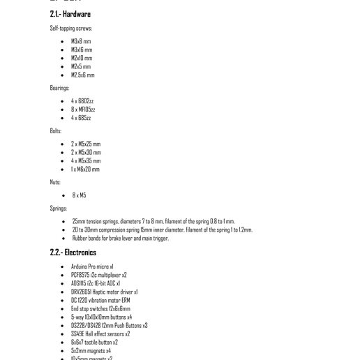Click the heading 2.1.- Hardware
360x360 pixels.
click(x=70, y=14)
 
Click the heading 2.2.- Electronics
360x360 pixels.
click(x=73, y=253)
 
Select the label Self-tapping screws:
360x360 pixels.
click(x=70, y=29)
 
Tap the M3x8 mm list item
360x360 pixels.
click(x=81, y=42)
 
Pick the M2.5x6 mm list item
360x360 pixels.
click(x=82, y=75)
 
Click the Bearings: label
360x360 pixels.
click(x=59, y=89)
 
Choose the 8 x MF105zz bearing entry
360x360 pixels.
click(x=82, y=110)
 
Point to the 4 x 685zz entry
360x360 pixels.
click(x=81, y=118)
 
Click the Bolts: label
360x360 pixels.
click(x=56, y=131)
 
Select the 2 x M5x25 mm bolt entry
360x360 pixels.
click(x=86, y=144)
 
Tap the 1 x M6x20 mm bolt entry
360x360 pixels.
click(x=85, y=170)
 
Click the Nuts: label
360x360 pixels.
click(x=55, y=183)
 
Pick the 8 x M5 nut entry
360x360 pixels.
click(x=80, y=195)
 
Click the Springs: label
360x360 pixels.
click(x=59, y=209)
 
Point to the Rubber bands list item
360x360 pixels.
click(x=121, y=239)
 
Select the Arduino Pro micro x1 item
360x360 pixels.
click(x=92, y=267)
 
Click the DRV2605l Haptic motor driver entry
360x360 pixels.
click(x=104, y=292)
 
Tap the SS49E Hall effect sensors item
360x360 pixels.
click(x=100, y=334)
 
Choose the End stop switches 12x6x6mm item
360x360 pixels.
click(x=100, y=309)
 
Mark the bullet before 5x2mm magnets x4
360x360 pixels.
click(x=63, y=352)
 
